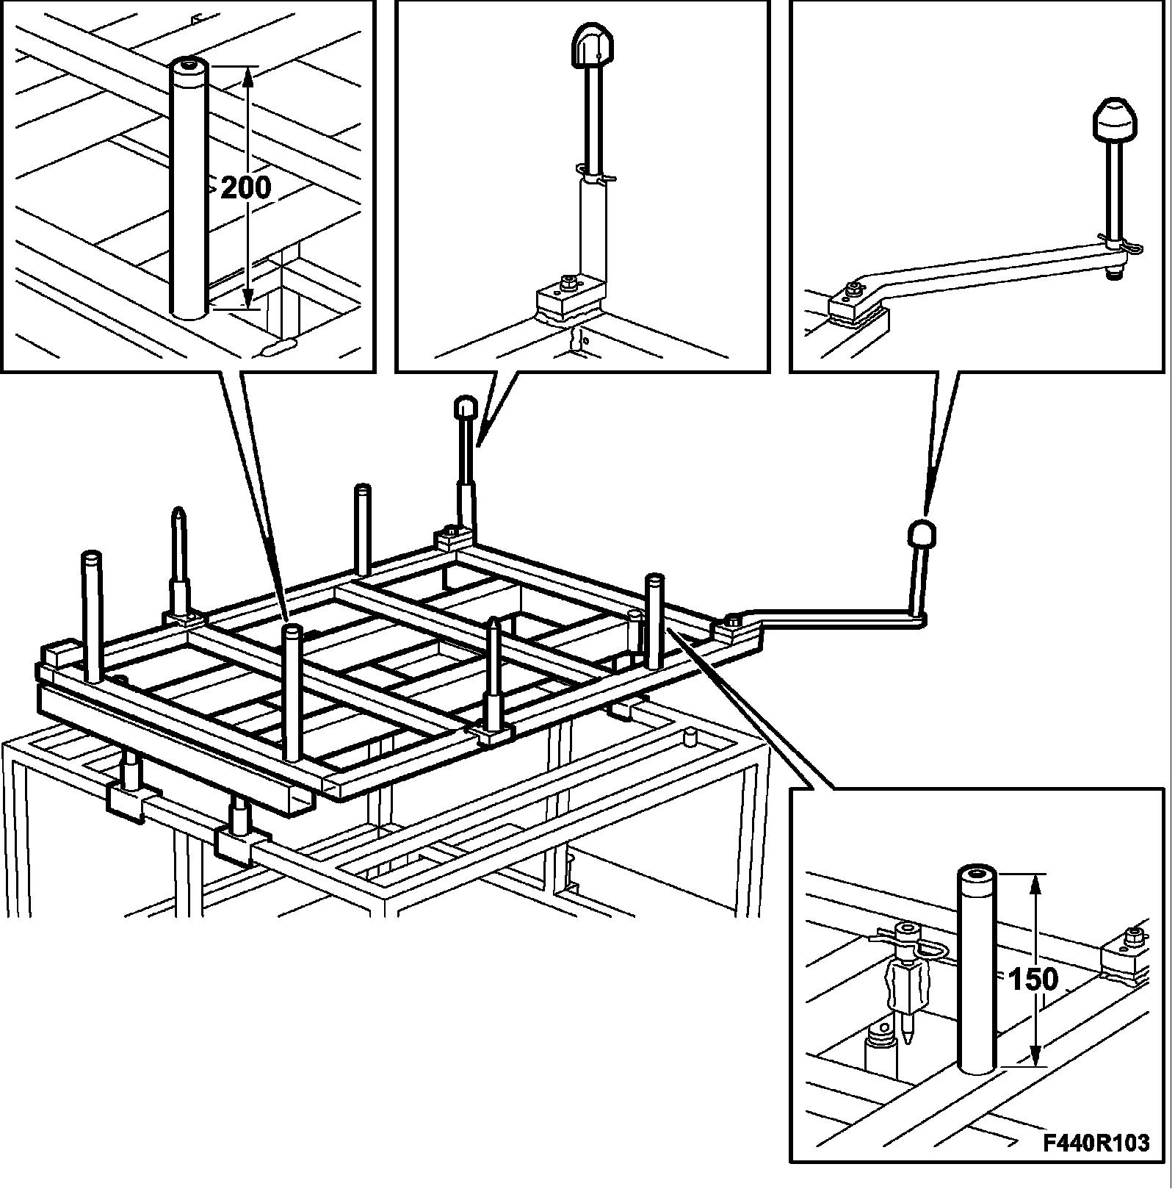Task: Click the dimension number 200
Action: (245, 189)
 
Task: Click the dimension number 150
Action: (1033, 979)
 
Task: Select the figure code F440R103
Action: (1096, 1143)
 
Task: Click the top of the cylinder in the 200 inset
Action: (189, 68)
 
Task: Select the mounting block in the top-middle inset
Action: (569, 297)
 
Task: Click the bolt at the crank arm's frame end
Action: (732, 622)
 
